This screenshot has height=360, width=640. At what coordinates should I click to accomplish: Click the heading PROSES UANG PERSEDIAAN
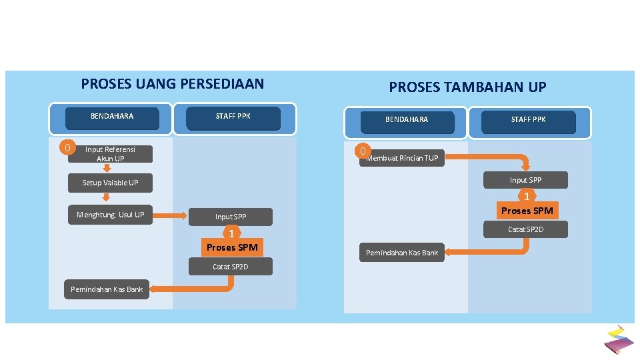point(172,84)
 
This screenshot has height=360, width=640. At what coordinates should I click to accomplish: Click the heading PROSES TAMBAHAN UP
point(467,87)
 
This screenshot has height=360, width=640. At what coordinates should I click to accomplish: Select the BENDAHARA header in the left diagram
point(112,117)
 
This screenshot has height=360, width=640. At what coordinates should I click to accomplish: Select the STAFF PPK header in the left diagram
point(233,117)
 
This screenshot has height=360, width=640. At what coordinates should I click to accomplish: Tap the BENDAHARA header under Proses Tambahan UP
point(407,120)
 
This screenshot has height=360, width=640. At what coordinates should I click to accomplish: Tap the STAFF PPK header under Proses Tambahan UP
point(528,120)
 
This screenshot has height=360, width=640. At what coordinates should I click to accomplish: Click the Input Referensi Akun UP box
point(110,155)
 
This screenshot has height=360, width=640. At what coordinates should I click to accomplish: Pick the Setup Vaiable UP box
point(110,183)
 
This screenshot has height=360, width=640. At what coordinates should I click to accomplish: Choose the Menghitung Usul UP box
point(111,215)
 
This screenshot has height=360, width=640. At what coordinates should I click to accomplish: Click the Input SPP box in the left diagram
point(231,217)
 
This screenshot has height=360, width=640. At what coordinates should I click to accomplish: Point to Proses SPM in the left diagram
point(231,247)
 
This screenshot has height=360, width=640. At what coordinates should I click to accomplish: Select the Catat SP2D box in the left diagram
point(231,267)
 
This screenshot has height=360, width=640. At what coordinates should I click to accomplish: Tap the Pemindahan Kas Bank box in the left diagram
point(107,289)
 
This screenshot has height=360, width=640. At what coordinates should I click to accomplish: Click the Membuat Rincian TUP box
point(403,158)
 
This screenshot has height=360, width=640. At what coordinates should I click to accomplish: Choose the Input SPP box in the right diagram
point(526,180)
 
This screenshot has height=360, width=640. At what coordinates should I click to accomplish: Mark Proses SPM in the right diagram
point(527,211)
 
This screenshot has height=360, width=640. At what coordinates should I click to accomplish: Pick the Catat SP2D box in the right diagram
point(526,229)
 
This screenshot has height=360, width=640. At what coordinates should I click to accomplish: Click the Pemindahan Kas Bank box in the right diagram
point(402,253)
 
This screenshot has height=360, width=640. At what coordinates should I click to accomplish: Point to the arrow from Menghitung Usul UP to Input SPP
point(173,215)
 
